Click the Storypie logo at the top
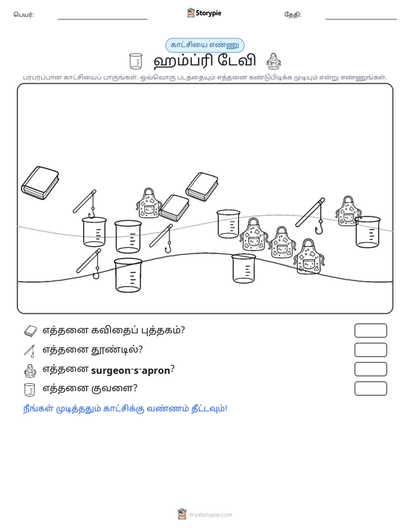point(204,13)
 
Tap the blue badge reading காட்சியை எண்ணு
point(205,45)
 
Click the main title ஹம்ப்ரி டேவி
point(204,62)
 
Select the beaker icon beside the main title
point(135,62)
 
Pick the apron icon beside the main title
point(274,62)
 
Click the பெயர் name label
point(24,14)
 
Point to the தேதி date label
point(293,14)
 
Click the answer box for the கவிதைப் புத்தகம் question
point(370,330)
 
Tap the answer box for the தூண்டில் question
point(370,350)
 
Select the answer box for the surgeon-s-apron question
point(370,369)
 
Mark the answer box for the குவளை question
point(370,388)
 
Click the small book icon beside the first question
point(30,331)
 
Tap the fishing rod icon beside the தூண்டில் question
point(30,351)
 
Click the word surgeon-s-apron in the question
point(130,370)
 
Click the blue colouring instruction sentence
point(125,409)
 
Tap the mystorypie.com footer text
point(210,515)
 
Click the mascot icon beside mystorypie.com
point(182,514)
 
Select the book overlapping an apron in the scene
point(174,208)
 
